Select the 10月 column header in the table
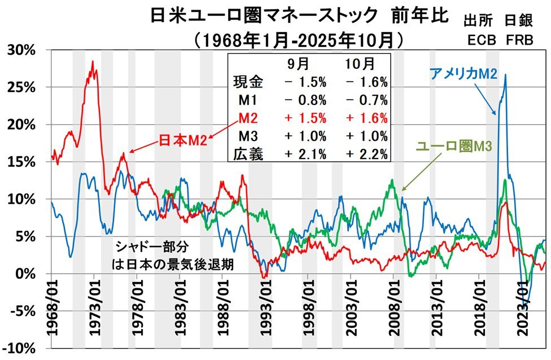pos(360,63)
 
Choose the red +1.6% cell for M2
pos(366,118)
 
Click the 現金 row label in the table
pos(248,82)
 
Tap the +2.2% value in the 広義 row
pos(366,154)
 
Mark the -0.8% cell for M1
pos(305,100)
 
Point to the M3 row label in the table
pos(248,136)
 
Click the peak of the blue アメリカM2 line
pos(505,74)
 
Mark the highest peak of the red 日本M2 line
pos(93,61)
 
